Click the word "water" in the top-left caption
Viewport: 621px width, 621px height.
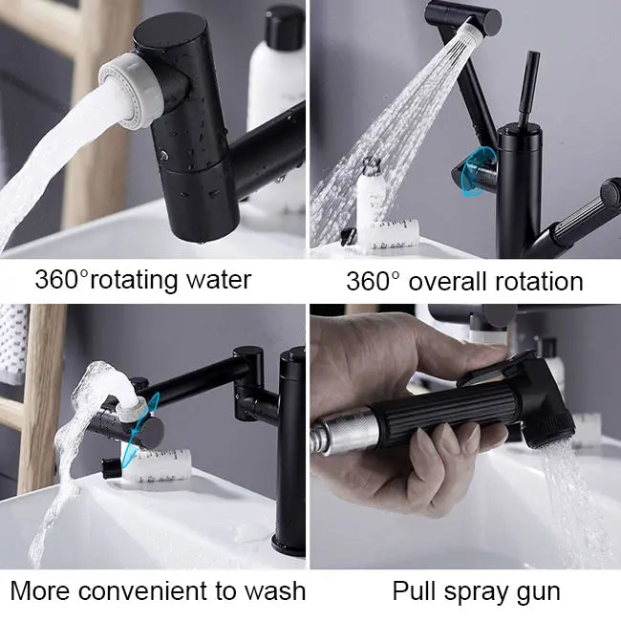[219, 280]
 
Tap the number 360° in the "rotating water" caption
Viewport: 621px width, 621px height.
[61, 279]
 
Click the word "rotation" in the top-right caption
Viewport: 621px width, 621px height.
[539, 282]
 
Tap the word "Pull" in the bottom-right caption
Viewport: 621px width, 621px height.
[414, 590]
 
